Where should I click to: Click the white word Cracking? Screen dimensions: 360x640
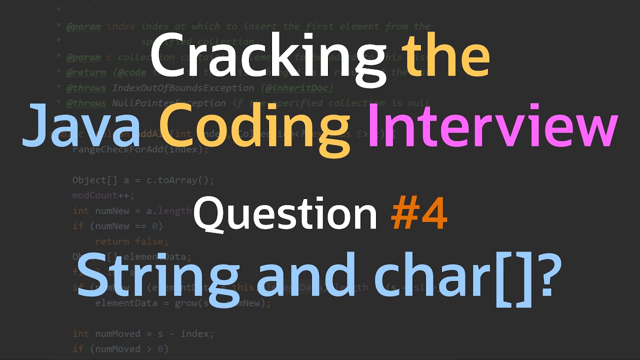[267, 58]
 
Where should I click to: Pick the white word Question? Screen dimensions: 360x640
[285, 212]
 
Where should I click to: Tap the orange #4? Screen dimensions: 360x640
[418, 212]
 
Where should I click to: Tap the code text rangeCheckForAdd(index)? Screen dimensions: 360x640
[140, 149]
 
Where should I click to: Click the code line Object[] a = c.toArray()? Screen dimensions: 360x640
[143, 180]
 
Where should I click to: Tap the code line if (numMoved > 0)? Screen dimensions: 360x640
[120, 348]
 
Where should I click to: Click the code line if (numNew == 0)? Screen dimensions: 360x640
[117, 226]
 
